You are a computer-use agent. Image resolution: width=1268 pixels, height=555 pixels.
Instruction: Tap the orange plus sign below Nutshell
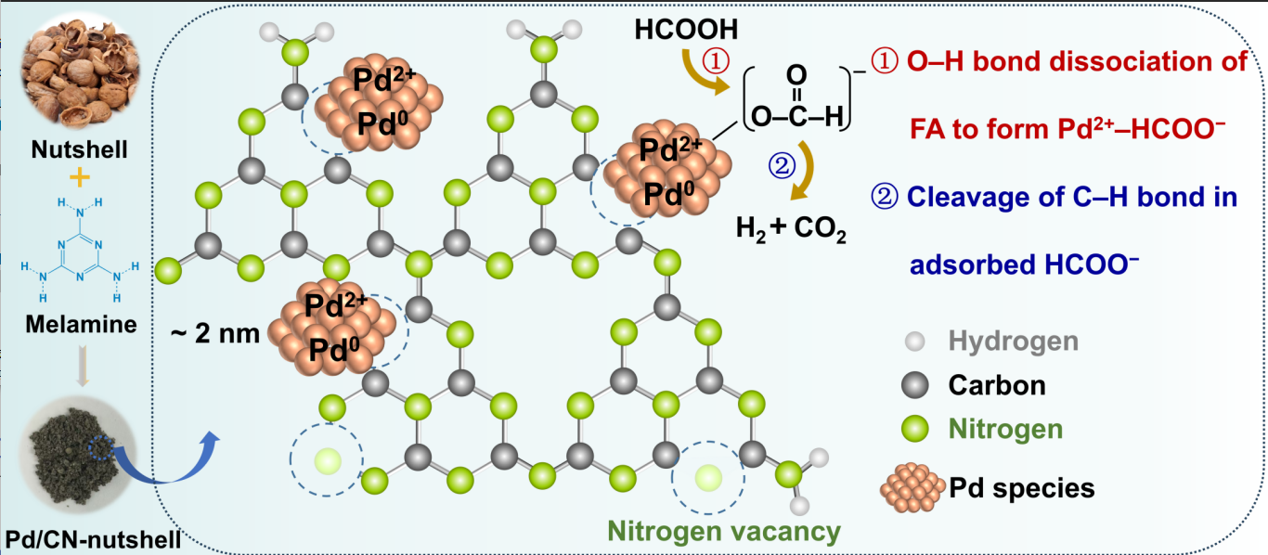80,178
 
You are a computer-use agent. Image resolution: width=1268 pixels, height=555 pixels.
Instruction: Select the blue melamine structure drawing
80,249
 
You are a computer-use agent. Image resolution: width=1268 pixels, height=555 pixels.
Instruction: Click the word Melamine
81,324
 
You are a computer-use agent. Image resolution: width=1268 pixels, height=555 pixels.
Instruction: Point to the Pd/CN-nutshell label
93,539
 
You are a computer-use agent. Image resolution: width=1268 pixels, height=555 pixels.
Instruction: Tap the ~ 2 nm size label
215,333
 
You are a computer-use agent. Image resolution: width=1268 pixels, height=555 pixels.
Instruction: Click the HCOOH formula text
686,30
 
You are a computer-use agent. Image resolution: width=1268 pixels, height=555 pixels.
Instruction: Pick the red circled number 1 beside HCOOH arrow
716,61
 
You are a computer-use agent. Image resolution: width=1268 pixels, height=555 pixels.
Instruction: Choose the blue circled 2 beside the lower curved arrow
782,166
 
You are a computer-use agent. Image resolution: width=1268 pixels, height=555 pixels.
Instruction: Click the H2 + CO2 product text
791,229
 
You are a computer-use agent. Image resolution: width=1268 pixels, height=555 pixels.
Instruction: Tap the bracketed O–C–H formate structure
797,98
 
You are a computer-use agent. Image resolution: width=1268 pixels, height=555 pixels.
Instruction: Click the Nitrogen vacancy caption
724,531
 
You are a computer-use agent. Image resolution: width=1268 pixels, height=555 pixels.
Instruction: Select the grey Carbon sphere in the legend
914,385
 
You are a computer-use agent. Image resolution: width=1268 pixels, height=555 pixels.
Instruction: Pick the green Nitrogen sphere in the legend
914,428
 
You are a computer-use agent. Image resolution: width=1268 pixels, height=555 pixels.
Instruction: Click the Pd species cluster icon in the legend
912,487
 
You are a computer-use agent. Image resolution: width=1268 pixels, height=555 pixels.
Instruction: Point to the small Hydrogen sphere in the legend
914,342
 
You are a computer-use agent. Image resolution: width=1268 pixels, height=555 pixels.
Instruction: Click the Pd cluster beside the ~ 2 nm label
331,327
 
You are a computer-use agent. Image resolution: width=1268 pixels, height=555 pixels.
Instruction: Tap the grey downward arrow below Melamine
83,366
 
